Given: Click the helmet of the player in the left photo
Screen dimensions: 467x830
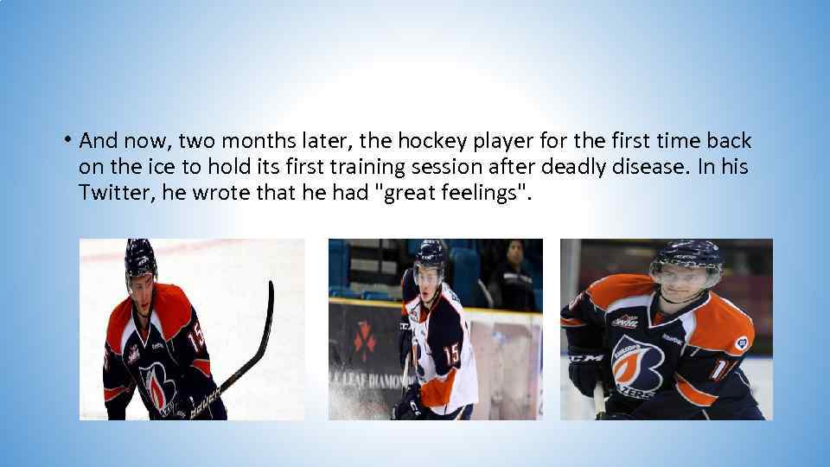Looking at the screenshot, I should coord(140,257).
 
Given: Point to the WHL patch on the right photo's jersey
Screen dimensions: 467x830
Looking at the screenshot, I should coord(625,322).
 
